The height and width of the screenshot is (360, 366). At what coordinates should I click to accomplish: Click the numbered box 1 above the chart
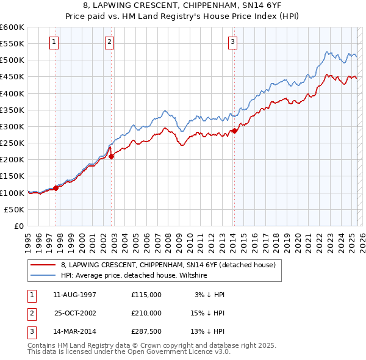[54, 42]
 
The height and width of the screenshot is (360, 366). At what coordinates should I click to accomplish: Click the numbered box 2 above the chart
[109, 42]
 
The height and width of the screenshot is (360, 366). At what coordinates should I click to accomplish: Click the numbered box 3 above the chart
[233, 42]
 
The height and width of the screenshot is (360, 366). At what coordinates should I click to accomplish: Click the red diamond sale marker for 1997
[56, 188]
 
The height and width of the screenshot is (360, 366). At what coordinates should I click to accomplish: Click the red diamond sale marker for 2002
[112, 156]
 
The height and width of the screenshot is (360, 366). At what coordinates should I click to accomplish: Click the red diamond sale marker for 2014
[234, 131]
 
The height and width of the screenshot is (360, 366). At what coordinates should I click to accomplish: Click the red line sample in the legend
[44, 265]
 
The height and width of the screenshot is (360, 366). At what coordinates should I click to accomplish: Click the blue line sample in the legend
[44, 275]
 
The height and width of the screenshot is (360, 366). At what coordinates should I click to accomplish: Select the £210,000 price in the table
[146, 313]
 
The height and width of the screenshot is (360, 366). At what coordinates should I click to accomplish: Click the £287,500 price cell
[146, 332]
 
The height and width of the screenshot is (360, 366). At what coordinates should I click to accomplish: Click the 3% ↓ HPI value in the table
[210, 295]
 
